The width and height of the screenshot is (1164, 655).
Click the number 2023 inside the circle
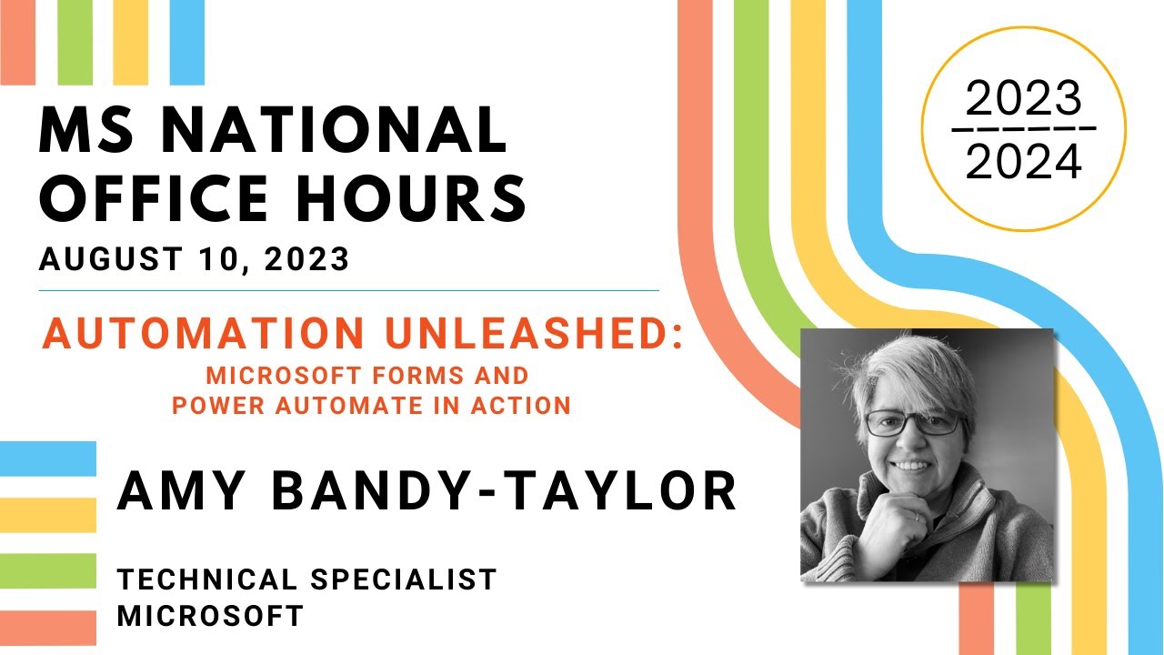click(1024, 99)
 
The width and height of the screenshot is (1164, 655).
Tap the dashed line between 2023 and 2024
click(1024, 128)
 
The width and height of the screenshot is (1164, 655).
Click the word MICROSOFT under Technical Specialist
click(210, 615)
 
